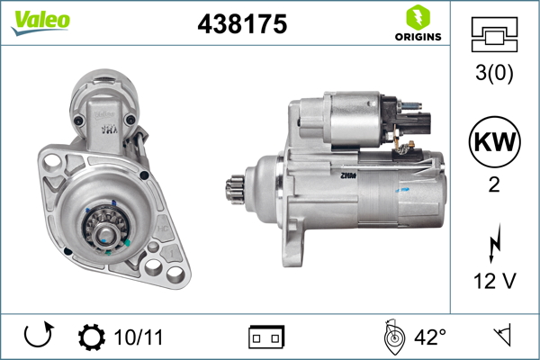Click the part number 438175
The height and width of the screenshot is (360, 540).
[242, 25]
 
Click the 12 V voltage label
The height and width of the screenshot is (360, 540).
[493, 283]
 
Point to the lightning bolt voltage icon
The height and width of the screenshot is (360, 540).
[493, 245]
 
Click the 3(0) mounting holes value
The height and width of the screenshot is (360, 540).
[493, 74]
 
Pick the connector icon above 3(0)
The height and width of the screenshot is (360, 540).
[493, 35]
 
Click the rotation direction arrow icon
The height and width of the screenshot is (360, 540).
[38, 337]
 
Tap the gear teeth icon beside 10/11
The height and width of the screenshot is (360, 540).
[92, 337]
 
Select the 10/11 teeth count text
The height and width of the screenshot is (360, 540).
[139, 337]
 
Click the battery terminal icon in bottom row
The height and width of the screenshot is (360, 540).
[266, 337]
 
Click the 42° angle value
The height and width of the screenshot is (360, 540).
[430, 337]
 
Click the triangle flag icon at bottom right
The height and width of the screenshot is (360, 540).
[502, 337]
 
